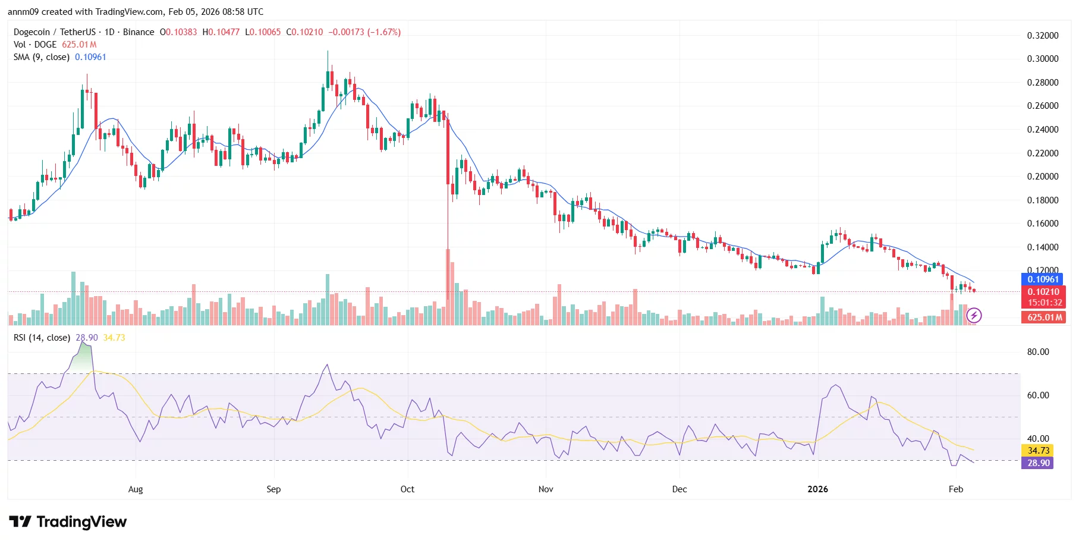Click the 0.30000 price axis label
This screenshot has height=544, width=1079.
(x=1042, y=59)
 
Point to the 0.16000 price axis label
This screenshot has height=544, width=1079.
(x=1042, y=224)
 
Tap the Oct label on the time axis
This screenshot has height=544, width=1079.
(x=407, y=489)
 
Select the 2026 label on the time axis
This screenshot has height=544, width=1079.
(x=817, y=489)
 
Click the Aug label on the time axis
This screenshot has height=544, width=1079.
(x=136, y=489)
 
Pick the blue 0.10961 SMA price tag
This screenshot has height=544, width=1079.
(x=1043, y=279)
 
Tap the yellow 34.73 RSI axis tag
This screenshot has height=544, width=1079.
(x=1038, y=451)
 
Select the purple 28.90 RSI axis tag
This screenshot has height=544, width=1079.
(x=1038, y=463)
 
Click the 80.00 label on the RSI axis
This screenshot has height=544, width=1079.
(x=1038, y=352)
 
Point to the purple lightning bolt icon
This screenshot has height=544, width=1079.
(x=974, y=315)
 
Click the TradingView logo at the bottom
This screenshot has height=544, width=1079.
(x=68, y=522)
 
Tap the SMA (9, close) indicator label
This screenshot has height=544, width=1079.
(x=42, y=57)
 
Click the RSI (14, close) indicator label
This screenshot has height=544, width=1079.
(x=42, y=338)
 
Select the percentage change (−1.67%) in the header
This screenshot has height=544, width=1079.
(x=384, y=32)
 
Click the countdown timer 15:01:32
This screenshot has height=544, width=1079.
(x=1045, y=303)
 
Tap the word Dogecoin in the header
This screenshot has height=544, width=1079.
(x=32, y=32)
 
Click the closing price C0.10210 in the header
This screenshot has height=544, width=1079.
(x=304, y=32)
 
